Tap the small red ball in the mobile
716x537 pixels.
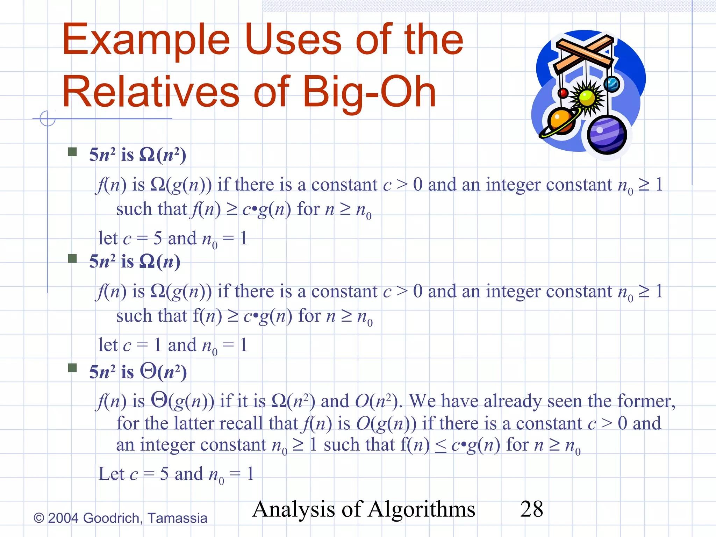click(x=563, y=93)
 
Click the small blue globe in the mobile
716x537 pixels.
click(x=611, y=84)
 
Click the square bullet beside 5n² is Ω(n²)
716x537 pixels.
click(x=72, y=152)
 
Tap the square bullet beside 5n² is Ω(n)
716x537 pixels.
click(x=72, y=258)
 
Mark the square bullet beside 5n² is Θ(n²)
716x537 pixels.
click(x=72, y=368)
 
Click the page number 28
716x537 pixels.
click(x=531, y=509)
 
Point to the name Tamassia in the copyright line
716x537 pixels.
click(x=177, y=518)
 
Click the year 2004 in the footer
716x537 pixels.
click(x=63, y=518)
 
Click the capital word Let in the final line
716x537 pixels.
click(x=111, y=474)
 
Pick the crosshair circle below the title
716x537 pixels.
click(x=48, y=119)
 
